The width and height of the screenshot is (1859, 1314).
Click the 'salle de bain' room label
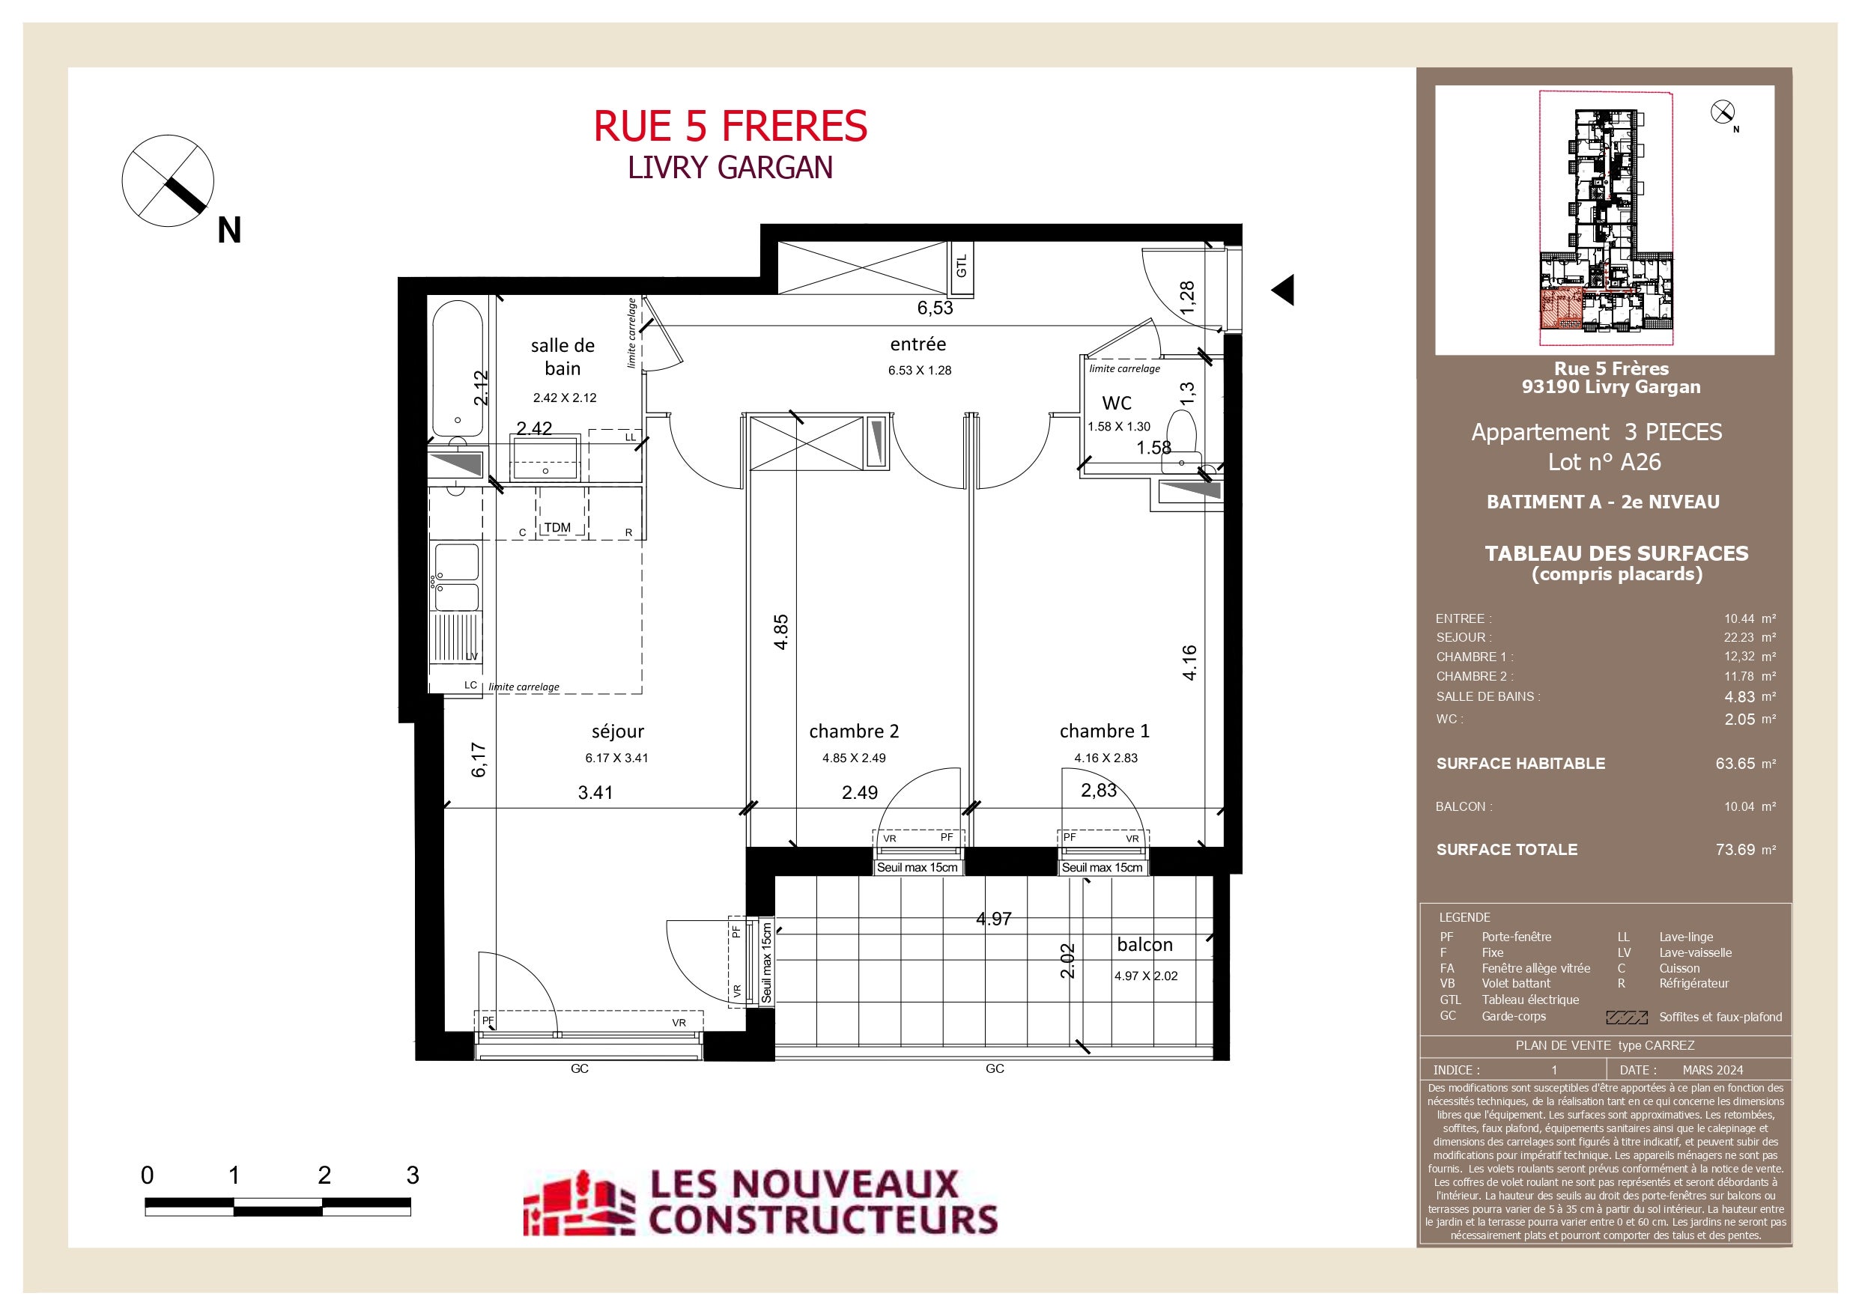pyautogui.click(x=562, y=357)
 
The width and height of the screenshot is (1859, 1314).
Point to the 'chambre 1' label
pyautogui.click(x=1104, y=731)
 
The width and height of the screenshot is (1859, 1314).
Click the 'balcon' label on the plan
pyautogui.click(x=1145, y=944)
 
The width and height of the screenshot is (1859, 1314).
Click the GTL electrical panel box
pyautogui.click(x=961, y=268)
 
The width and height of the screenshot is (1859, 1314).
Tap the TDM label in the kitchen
pyautogui.click(x=557, y=527)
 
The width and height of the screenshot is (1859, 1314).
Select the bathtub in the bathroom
pyautogui.click(x=458, y=369)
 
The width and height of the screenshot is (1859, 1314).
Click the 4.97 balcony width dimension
pyautogui.click(x=993, y=919)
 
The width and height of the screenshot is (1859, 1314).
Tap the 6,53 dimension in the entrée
pyautogui.click(x=935, y=308)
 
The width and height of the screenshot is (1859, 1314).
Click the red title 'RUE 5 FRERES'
pyautogui.click(x=730, y=127)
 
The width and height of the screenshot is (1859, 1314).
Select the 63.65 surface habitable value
pyautogui.click(x=1735, y=764)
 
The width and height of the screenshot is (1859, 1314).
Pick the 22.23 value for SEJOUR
pyautogui.click(x=1738, y=637)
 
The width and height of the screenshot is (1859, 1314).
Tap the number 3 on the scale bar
pyautogui.click(x=412, y=1175)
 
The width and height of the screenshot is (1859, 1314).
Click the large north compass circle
pyautogui.click(x=169, y=181)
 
